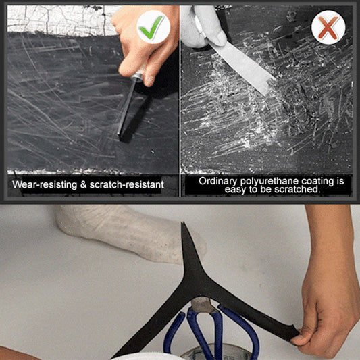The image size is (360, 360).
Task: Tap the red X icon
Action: coord(328,28)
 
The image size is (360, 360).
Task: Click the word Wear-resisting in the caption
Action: coord(44,184)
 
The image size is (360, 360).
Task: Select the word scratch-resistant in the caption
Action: coord(125,184)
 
